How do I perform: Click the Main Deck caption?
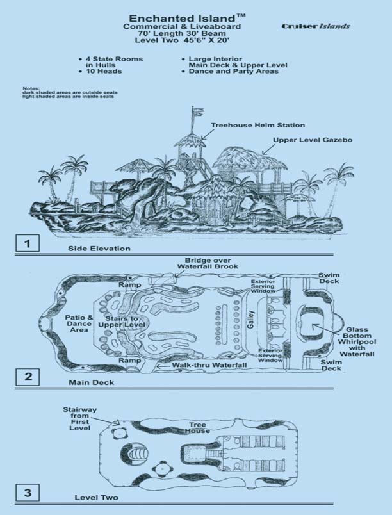(x=91, y=382)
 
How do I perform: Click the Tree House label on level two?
(x=199, y=427)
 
